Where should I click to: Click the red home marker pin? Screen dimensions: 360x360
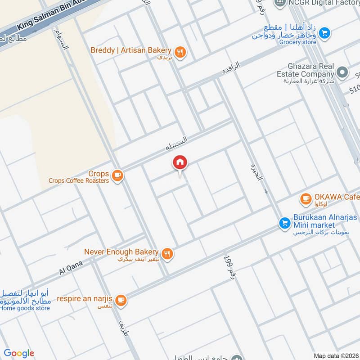(x=180, y=163)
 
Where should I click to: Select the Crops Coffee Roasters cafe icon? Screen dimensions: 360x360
(x=117, y=175)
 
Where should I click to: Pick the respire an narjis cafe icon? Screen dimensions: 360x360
(x=120, y=300)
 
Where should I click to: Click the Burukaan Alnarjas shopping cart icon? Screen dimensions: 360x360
(x=284, y=222)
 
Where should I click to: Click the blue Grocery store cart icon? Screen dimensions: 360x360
(x=325, y=33)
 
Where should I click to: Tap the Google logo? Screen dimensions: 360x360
(x=19, y=353)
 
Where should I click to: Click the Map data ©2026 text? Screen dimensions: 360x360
(x=335, y=355)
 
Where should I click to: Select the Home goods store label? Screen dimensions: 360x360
(x=25, y=308)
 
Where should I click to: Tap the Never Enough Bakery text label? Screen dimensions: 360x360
(x=121, y=252)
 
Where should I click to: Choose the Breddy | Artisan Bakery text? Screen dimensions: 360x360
(x=131, y=50)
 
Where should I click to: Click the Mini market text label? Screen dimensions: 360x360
(x=314, y=225)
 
